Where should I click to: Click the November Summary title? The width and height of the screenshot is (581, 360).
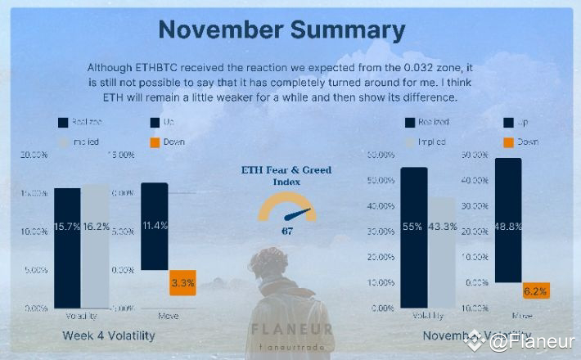[x=281, y=29]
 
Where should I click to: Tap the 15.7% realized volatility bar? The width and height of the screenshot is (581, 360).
[x=67, y=245]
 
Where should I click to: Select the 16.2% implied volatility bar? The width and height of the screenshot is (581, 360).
[x=95, y=245]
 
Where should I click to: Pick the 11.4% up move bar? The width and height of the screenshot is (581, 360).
[x=154, y=226]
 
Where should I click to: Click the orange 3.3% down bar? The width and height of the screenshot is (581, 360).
[x=182, y=283]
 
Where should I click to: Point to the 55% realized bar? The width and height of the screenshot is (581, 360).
[x=414, y=237]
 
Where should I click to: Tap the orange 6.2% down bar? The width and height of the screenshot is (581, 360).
[x=536, y=290]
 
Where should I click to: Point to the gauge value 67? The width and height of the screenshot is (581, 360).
[x=287, y=231]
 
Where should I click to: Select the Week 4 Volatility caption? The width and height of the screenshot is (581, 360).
[x=108, y=335]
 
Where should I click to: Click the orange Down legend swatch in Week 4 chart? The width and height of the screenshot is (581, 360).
[x=155, y=142]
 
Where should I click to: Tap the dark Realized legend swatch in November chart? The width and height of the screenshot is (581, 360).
[x=410, y=123]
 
